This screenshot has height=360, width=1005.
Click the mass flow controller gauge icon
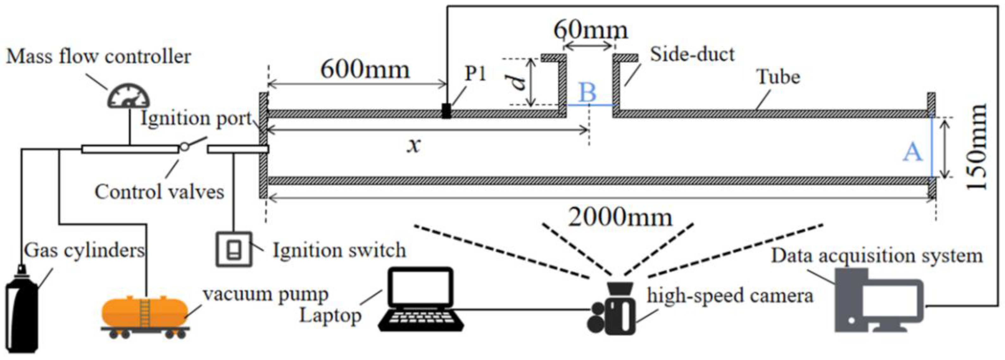(129, 96)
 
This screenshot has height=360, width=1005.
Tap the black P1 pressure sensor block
(446, 111)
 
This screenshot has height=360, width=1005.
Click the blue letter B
(587, 92)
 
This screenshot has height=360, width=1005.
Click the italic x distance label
(413, 146)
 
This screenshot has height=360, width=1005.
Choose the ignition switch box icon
(234, 250)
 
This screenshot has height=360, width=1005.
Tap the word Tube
(778, 77)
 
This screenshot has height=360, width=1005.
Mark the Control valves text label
(159, 192)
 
